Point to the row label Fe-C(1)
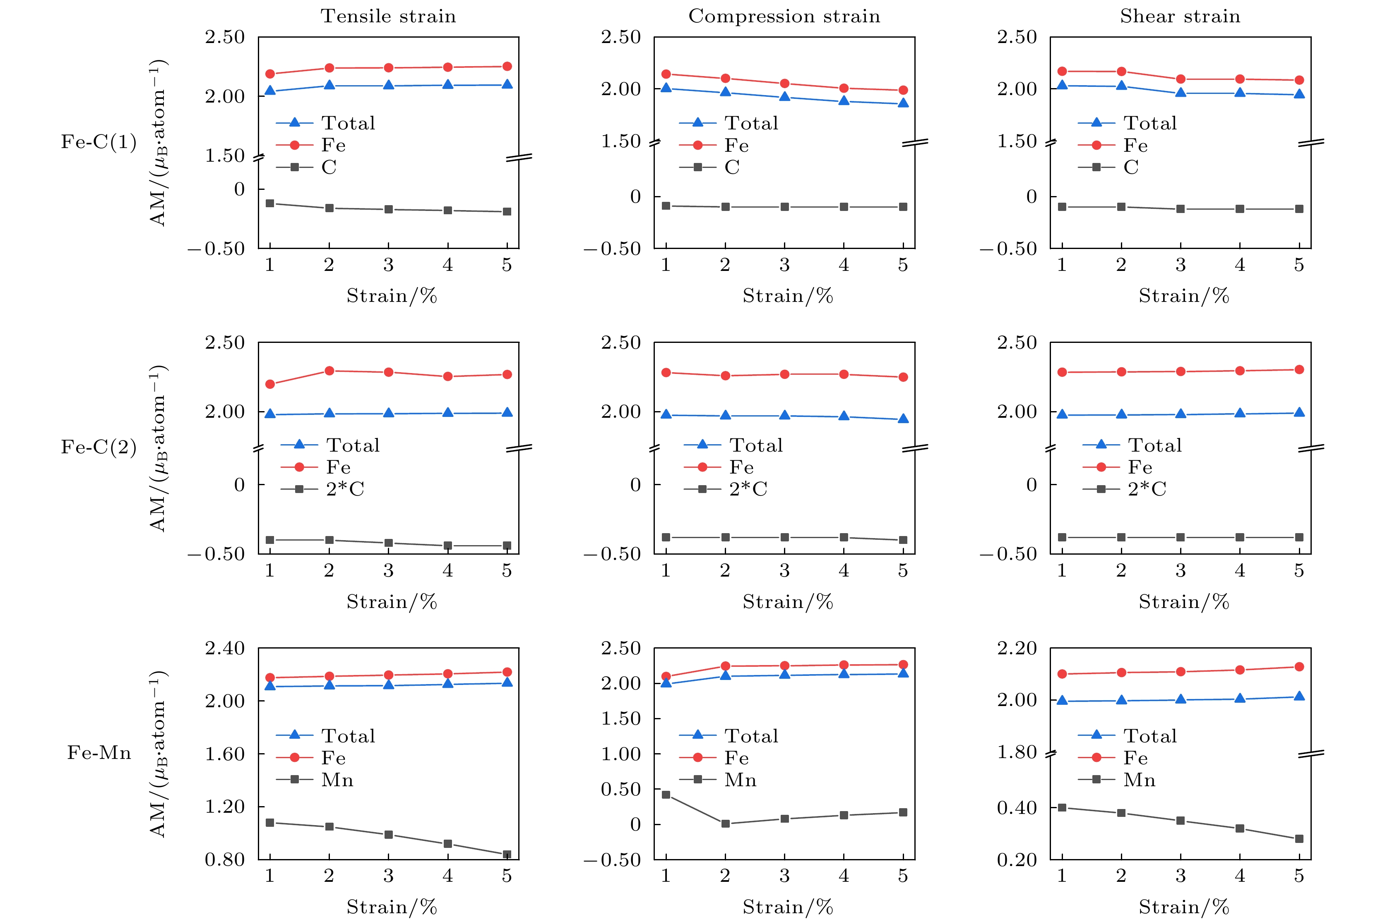click(99, 142)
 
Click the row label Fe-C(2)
click(99, 447)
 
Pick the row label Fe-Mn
click(99, 752)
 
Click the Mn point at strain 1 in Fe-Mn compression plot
click(666, 795)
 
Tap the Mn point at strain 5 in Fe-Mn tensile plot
click(507, 855)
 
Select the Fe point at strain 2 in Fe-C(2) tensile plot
click(329, 371)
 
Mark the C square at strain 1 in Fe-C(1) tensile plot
click(270, 203)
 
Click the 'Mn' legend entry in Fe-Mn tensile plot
click(337, 780)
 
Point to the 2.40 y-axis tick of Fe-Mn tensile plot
click(224, 648)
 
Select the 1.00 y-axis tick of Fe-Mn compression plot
click(620, 754)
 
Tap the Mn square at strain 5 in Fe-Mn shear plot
click(1299, 838)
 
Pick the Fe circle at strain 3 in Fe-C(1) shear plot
click(1181, 79)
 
